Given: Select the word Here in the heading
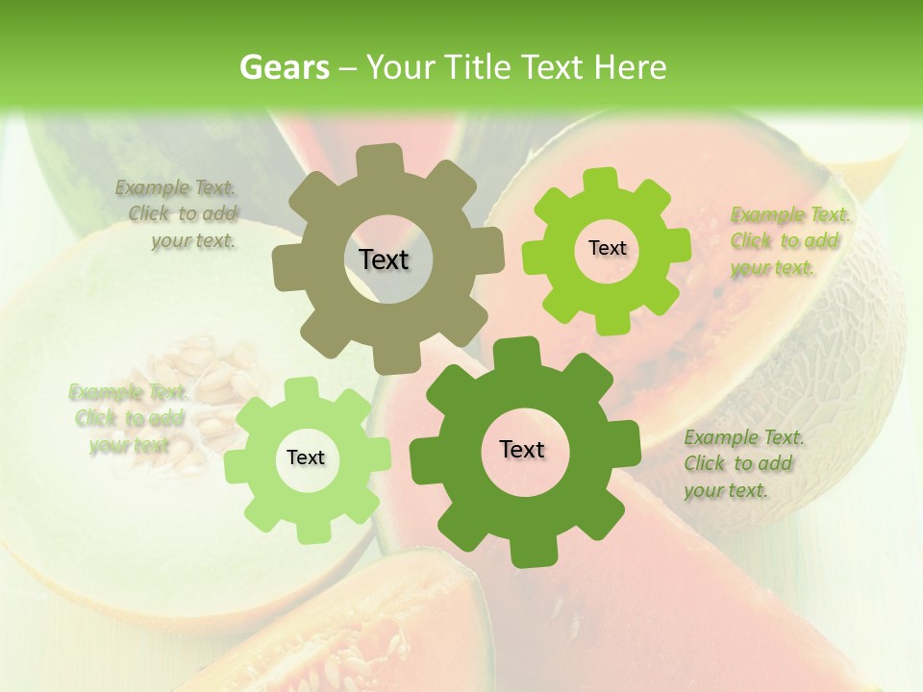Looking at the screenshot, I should point(630,67).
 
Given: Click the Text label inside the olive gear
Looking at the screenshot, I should point(384,259).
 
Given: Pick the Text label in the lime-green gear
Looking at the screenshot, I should point(607,248).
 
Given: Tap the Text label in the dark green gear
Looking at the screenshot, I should point(522,450).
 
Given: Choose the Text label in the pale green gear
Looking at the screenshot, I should point(306,458).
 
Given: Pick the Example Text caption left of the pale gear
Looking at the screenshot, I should point(129,419).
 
